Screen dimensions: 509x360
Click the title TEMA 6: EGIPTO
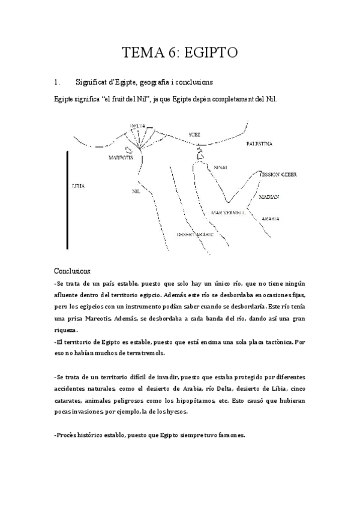coord(180,53)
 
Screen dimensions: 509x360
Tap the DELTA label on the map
coord(138,126)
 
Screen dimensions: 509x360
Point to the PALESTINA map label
coord(259,145)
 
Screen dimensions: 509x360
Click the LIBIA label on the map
coord(78,186)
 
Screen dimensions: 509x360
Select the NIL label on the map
coord(136,191)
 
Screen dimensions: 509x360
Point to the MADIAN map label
coord(269,197)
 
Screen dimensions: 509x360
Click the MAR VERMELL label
coord(229,213)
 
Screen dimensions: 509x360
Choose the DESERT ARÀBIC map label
coord(195,234)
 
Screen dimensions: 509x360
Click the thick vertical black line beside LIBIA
coord(67,200)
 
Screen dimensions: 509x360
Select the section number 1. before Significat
coord(57,82)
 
